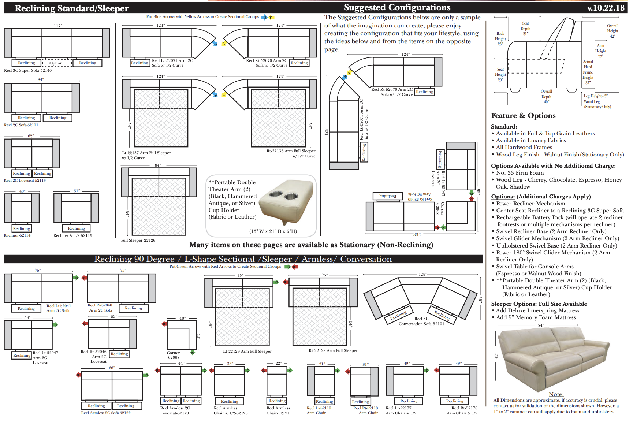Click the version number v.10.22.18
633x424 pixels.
pyautogui.click(x=606, y=8)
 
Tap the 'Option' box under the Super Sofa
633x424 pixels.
pyautogui.click(x=56, y=63)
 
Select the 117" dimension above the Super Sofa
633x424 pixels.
pyautogui.click(x=58, y=26)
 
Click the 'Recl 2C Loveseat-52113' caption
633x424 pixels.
pyautogui.click(x=25, y=180)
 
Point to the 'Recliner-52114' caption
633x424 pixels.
pyautogui.click(x=17, y=235)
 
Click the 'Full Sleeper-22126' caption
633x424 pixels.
pyautogui.click(x=138, y=240)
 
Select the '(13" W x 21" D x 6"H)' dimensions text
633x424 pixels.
pyautogui.click(x=273, y=231)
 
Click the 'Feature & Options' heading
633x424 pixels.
pyautogui.click(x=523, y=116)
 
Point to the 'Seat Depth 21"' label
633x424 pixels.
pyautogui.click(x=525, y=28)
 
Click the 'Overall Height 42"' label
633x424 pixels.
pyautogui.click(x=612, y=31)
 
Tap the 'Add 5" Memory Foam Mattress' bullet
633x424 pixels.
pyautogui.click(x=536, y=317)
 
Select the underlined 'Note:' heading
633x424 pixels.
pyautogui.click(x=556, y=394)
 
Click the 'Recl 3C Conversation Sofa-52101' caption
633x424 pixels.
pyautogui.click(x=421, y=321)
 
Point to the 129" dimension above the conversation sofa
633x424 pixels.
pyautogui.click(x=422, y=274)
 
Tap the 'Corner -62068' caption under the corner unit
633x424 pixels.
pyautogui.click(x=173, y=355)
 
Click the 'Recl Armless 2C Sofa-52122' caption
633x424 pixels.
pyautogui.click(x=106, y=413)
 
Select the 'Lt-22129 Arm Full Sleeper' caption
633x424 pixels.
pyautogui.click(x=247, y=351)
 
